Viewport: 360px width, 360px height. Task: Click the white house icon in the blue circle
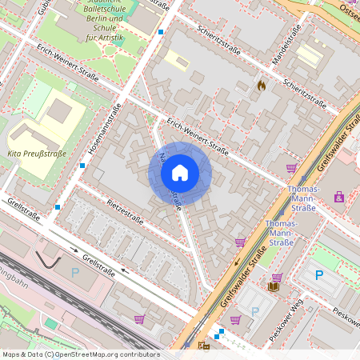180,172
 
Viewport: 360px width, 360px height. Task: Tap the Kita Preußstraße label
36,153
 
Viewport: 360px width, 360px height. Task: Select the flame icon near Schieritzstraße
261,83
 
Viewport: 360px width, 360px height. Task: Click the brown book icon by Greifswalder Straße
274,286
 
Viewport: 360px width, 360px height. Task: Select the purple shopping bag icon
338,196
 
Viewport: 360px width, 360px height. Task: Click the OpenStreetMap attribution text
80,354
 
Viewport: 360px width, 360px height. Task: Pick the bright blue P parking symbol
319,275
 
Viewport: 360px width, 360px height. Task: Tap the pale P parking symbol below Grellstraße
75,272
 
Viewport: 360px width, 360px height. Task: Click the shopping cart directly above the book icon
277,277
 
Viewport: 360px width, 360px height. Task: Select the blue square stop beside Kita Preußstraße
82,166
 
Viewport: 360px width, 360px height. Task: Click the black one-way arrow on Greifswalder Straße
236,262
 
